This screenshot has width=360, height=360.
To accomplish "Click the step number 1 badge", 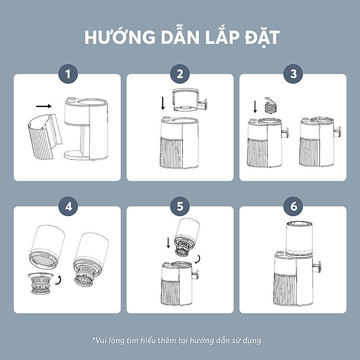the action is (68, 74).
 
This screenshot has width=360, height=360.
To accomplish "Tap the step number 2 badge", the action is (180, 74).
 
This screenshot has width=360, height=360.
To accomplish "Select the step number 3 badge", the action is (293, 74).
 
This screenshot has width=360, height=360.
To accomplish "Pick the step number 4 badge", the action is (68, 206).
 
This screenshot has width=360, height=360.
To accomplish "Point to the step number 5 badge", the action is (180, 206).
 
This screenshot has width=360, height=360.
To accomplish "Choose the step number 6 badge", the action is (293, 206).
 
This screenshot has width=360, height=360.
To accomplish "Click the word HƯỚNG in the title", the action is (120, 36).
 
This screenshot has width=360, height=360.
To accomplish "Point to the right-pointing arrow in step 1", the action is (44, 106).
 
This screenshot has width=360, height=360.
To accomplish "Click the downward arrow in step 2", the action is (163, 103).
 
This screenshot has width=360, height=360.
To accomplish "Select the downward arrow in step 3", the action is (255, 107).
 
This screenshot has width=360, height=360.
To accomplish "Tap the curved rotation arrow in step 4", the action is (59, 281).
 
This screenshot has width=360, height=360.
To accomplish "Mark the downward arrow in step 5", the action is (168, 243).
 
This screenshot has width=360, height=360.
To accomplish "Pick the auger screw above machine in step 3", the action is (271, 105).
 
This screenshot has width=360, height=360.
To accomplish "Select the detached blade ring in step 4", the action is (40, 283).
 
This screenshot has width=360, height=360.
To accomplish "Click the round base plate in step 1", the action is (76, 156).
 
